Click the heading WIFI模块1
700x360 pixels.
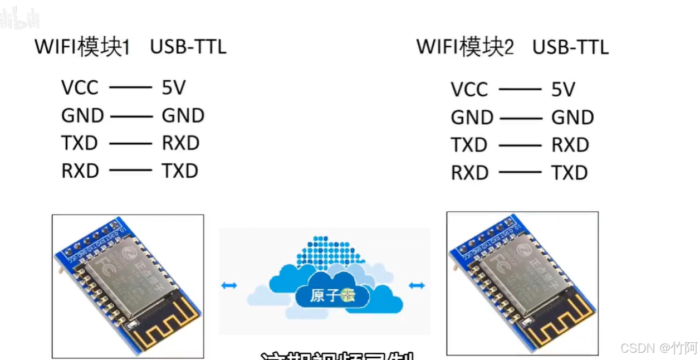[82, 47]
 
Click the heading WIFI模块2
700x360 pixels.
[465, 47]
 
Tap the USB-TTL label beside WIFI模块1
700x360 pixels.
[188, 47]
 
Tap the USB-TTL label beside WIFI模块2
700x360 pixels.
[570, 47]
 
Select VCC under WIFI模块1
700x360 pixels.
[80, 87]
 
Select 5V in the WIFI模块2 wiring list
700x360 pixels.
[563, 89]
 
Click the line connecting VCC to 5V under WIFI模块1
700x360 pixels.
[130, 87]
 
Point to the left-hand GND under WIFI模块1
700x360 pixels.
[82, 115]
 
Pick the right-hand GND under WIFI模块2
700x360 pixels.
[572, 118]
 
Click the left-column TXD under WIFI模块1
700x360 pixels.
[80, 143]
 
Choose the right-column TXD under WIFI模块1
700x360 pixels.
[180, 171]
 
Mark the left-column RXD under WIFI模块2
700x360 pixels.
[469, 173]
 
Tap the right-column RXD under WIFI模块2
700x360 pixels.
[570, 145]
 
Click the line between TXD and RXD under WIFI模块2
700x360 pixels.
[520, 145]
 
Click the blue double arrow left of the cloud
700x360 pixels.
[229, 285]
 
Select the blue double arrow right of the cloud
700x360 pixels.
[417, 285]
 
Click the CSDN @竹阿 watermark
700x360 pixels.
[659, 348]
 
